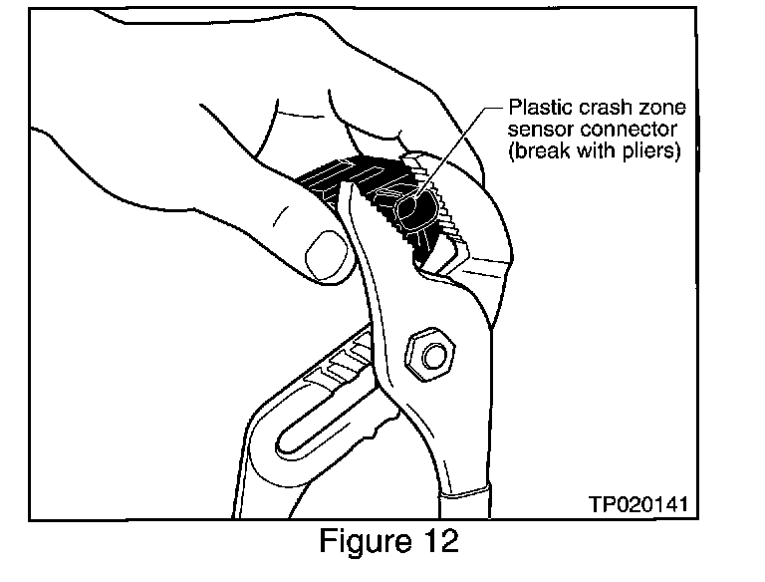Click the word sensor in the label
538,131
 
